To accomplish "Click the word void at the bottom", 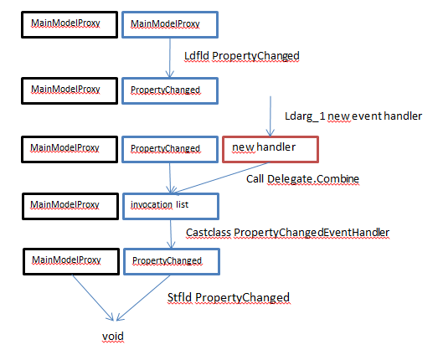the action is [x=113, y=336].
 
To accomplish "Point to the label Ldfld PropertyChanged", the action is [x=242, y=56].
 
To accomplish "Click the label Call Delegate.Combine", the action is [x=302, y=179].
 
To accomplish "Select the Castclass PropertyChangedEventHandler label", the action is [x=288, y=233].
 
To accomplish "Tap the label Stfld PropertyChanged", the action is [x=229, y=298].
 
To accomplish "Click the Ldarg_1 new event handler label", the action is [x=353, y=116].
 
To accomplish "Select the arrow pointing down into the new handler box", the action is [x=271, y=116].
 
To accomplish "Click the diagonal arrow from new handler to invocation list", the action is [x=221, y=177].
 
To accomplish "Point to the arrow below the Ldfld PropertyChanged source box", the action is [x=170, y=58].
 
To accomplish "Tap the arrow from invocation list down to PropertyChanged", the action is [x=171, y=234].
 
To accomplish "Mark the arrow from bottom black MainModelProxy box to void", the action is [x=93, y=298].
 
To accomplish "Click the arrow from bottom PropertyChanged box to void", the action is [x=143, y=298].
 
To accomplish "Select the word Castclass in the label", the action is [x=209, y=233].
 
